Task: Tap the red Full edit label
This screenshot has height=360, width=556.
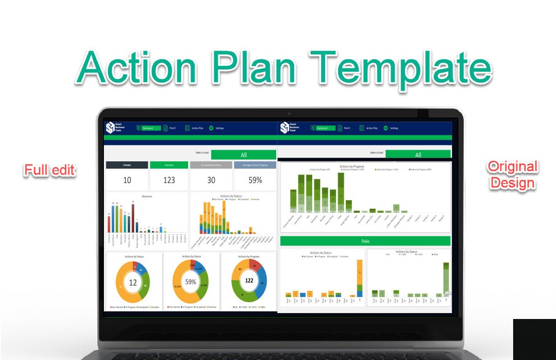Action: point(50,170)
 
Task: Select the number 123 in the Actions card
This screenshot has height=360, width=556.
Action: point(169,180)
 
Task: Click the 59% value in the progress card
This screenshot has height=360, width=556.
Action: point(255,180)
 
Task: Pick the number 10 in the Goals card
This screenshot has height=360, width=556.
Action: point(127,180)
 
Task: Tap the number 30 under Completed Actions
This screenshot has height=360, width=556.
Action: point(211,180)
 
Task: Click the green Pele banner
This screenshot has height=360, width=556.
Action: point(365,241)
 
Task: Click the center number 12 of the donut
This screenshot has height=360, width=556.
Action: point(133,282)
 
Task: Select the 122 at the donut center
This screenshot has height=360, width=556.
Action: point(249,280)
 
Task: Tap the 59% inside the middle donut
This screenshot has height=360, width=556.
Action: point(191,282)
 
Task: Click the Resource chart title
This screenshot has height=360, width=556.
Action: point(147,196)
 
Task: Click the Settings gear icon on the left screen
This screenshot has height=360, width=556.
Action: point(211,128)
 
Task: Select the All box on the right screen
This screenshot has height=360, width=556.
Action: point(418,155)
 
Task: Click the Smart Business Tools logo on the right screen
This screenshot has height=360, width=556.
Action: point(285,128)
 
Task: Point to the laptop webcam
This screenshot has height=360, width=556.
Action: point(289,114)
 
